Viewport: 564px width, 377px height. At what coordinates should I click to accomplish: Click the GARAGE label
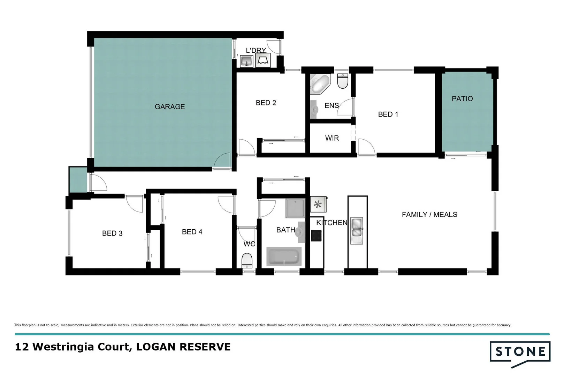[170, 107]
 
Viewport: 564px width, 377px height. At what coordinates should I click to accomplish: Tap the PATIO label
[462, 99]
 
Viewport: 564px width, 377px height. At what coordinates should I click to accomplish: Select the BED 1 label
[388, 114]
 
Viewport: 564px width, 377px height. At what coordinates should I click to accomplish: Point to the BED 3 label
[112, 234]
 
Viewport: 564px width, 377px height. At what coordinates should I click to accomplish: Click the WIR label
[332, 138]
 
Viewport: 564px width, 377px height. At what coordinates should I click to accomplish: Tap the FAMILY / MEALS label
[429, 215]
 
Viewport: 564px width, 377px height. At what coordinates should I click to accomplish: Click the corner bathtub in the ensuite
[320, 84]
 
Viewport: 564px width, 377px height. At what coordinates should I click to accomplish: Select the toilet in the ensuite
[343, 81]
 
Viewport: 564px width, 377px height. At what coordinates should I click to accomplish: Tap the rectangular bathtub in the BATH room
[284, 257]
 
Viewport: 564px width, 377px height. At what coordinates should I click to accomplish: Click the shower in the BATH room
[295, 208]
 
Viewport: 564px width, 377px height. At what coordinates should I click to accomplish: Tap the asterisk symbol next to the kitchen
[318, 205]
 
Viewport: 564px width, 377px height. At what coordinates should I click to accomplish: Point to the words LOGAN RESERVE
[183, 347]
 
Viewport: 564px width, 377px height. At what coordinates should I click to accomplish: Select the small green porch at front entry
[78, 179]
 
